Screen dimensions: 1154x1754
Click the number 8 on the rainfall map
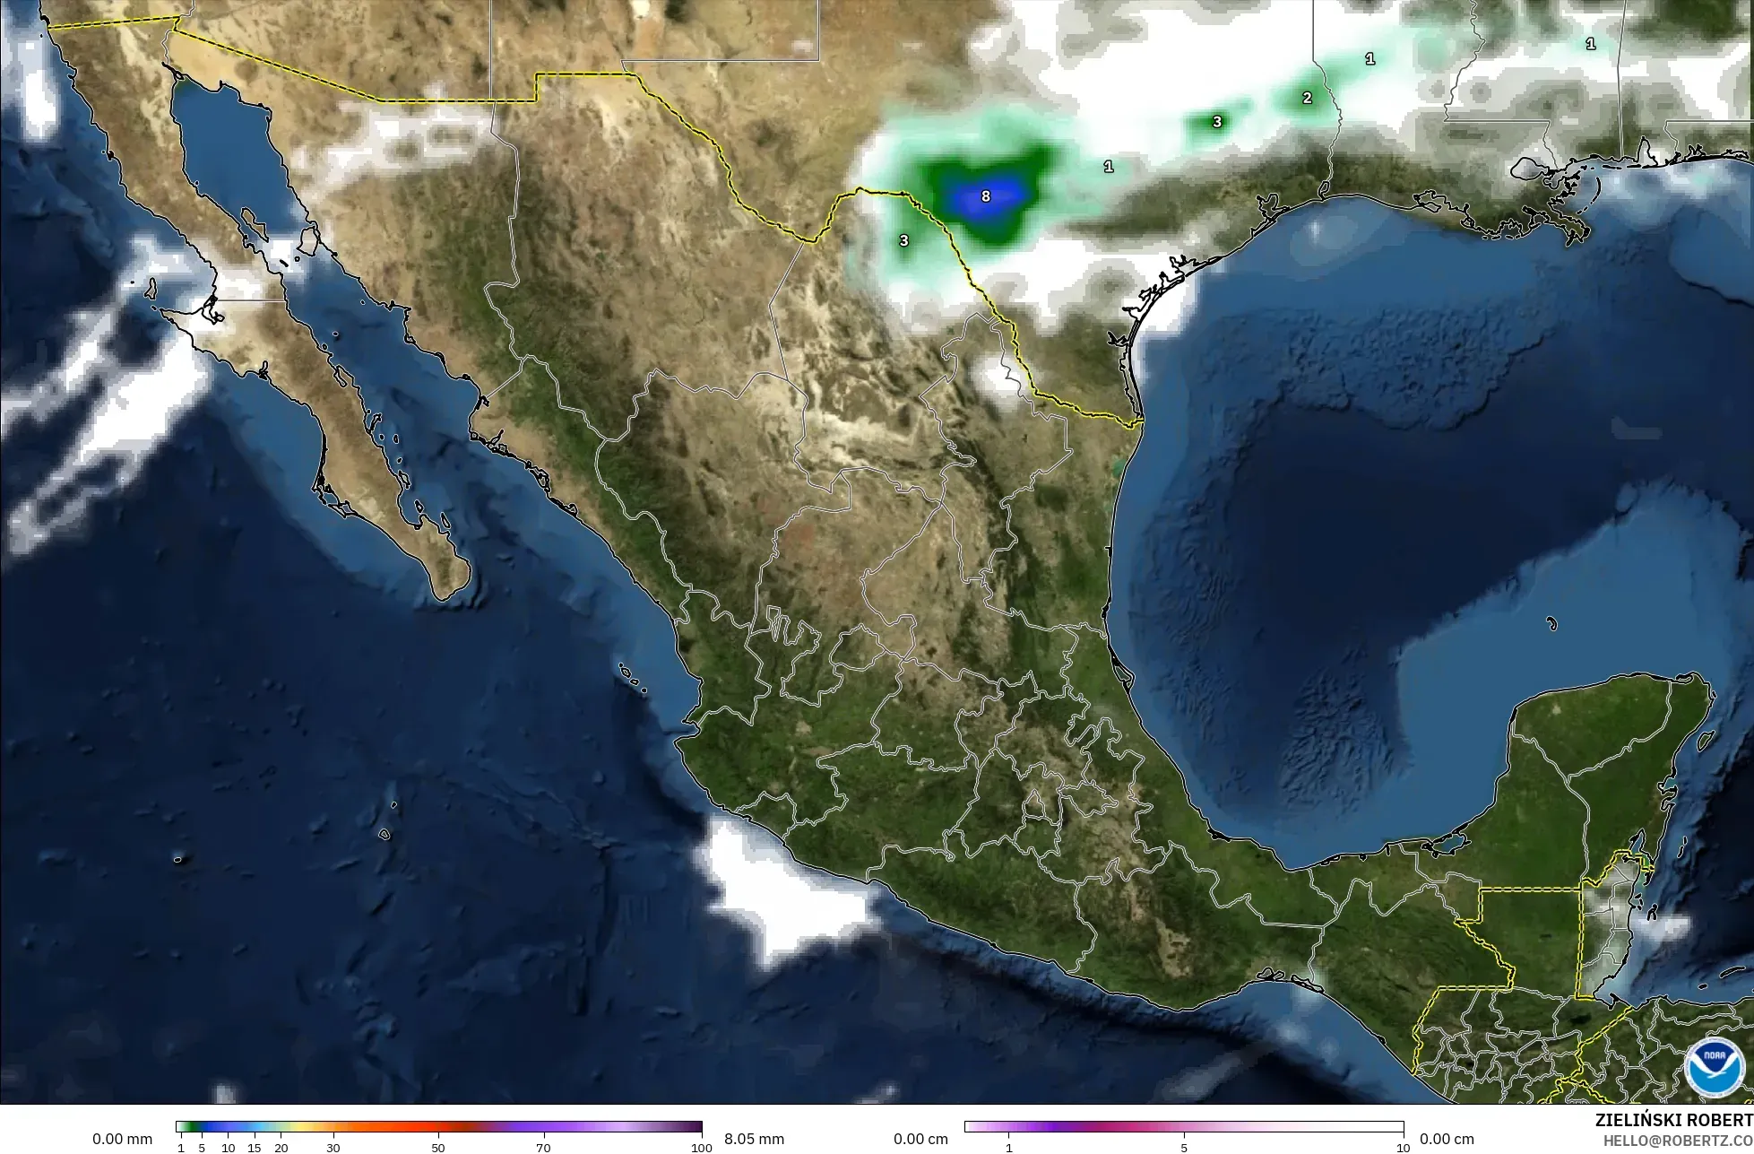(986, 195)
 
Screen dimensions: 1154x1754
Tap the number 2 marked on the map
(1307, 98)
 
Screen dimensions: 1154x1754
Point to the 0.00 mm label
(123, 1139)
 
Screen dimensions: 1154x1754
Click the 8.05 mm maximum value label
(754, 1139)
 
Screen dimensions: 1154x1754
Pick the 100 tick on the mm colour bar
(702, 1148)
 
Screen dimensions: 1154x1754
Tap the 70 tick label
(543, 1148)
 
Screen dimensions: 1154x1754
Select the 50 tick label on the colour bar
(438, 1148)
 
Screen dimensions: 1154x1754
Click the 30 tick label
(333, 1148)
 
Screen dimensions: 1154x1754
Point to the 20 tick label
(281, 1148)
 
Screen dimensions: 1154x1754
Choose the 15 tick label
(255, 1148)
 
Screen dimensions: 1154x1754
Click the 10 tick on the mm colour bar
(229, 1148)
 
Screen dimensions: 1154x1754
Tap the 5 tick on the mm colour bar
(202, 1148)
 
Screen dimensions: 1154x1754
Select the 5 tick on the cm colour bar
(1184, 1148)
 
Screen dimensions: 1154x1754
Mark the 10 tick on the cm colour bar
(1403, 1148)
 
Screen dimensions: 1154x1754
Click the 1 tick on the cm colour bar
(1009, 1148)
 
